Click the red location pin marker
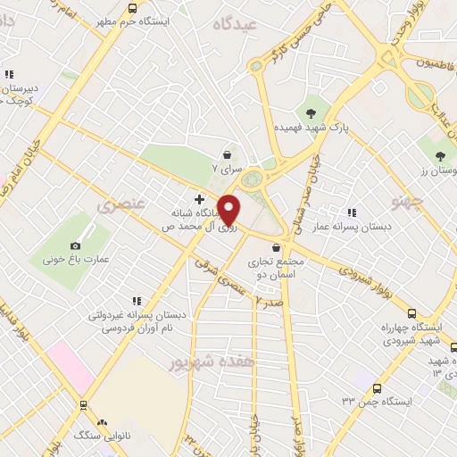pos(229,210)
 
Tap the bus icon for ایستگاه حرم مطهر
pos(133,8)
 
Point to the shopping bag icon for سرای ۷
pos(228,154)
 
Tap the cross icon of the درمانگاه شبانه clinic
pos(199,197)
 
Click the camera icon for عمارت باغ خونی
pos(75,245)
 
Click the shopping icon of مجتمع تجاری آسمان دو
pos(277,248)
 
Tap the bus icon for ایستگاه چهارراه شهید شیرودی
pos(411,313)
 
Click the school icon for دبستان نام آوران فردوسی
pos(136,302)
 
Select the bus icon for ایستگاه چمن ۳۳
pos(378,388)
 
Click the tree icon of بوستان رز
pos(440,156)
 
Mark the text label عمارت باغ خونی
pos(75,260)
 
